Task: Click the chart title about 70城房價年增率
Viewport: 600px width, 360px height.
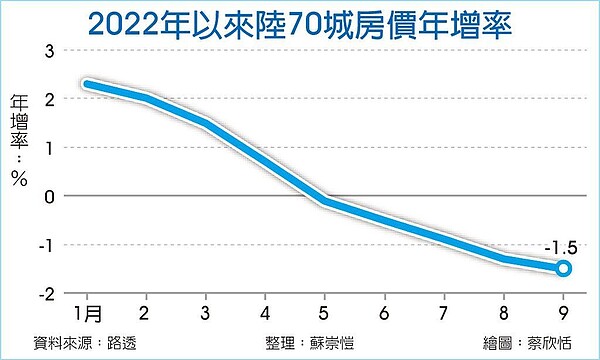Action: click(x=300, y=22)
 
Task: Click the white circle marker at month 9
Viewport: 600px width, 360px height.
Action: click(x=563, y=268)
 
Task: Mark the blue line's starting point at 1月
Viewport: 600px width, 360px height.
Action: click(x=87, y=85)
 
